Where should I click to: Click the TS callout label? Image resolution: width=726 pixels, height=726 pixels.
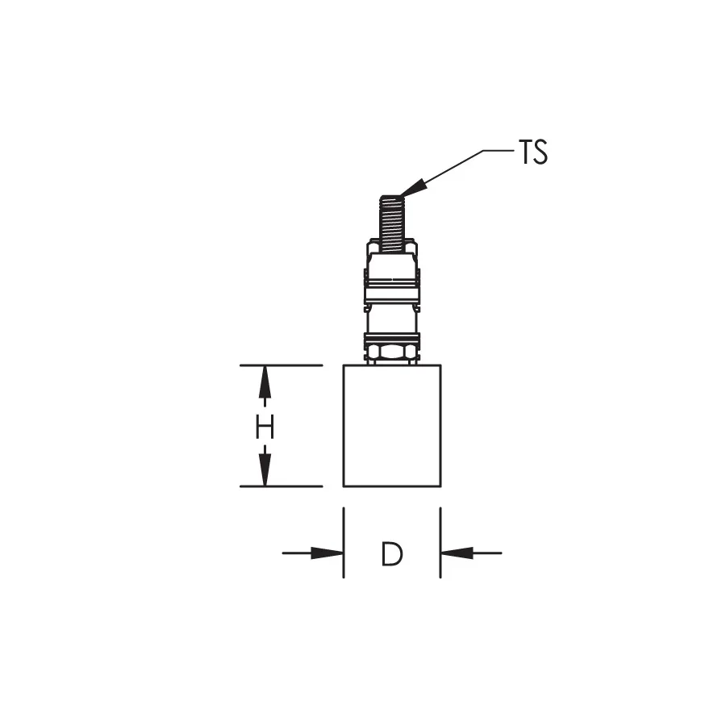click(x=533, y=152)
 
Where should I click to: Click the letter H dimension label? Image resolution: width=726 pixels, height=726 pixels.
click(x=265, y=427)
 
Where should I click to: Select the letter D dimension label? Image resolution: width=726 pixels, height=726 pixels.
click(x=392, y=553)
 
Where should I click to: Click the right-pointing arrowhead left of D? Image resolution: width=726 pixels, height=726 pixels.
click(x=327, y=553)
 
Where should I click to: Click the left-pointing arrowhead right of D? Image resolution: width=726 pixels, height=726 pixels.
click(x=457, y=553)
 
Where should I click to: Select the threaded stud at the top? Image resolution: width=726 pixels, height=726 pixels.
click(x=392, y=223)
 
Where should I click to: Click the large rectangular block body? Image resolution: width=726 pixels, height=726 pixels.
click(x=392, y=425)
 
